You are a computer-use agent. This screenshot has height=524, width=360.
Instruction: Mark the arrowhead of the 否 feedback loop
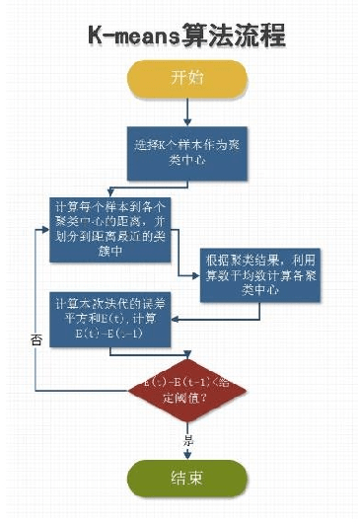click(x=46, y=228)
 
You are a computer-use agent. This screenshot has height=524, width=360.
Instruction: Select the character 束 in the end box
click(x=197, y=480)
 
